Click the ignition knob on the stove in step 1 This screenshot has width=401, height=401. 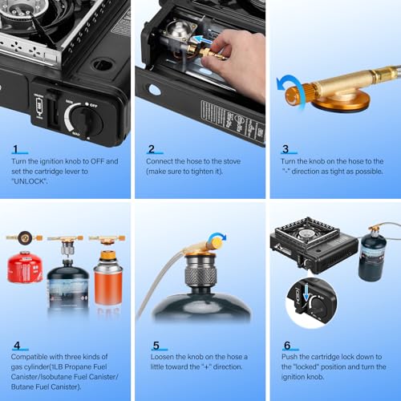tap(86, 121)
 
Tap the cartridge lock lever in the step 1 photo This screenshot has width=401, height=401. tap(47, 107)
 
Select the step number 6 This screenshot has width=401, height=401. tap(287, 346)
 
